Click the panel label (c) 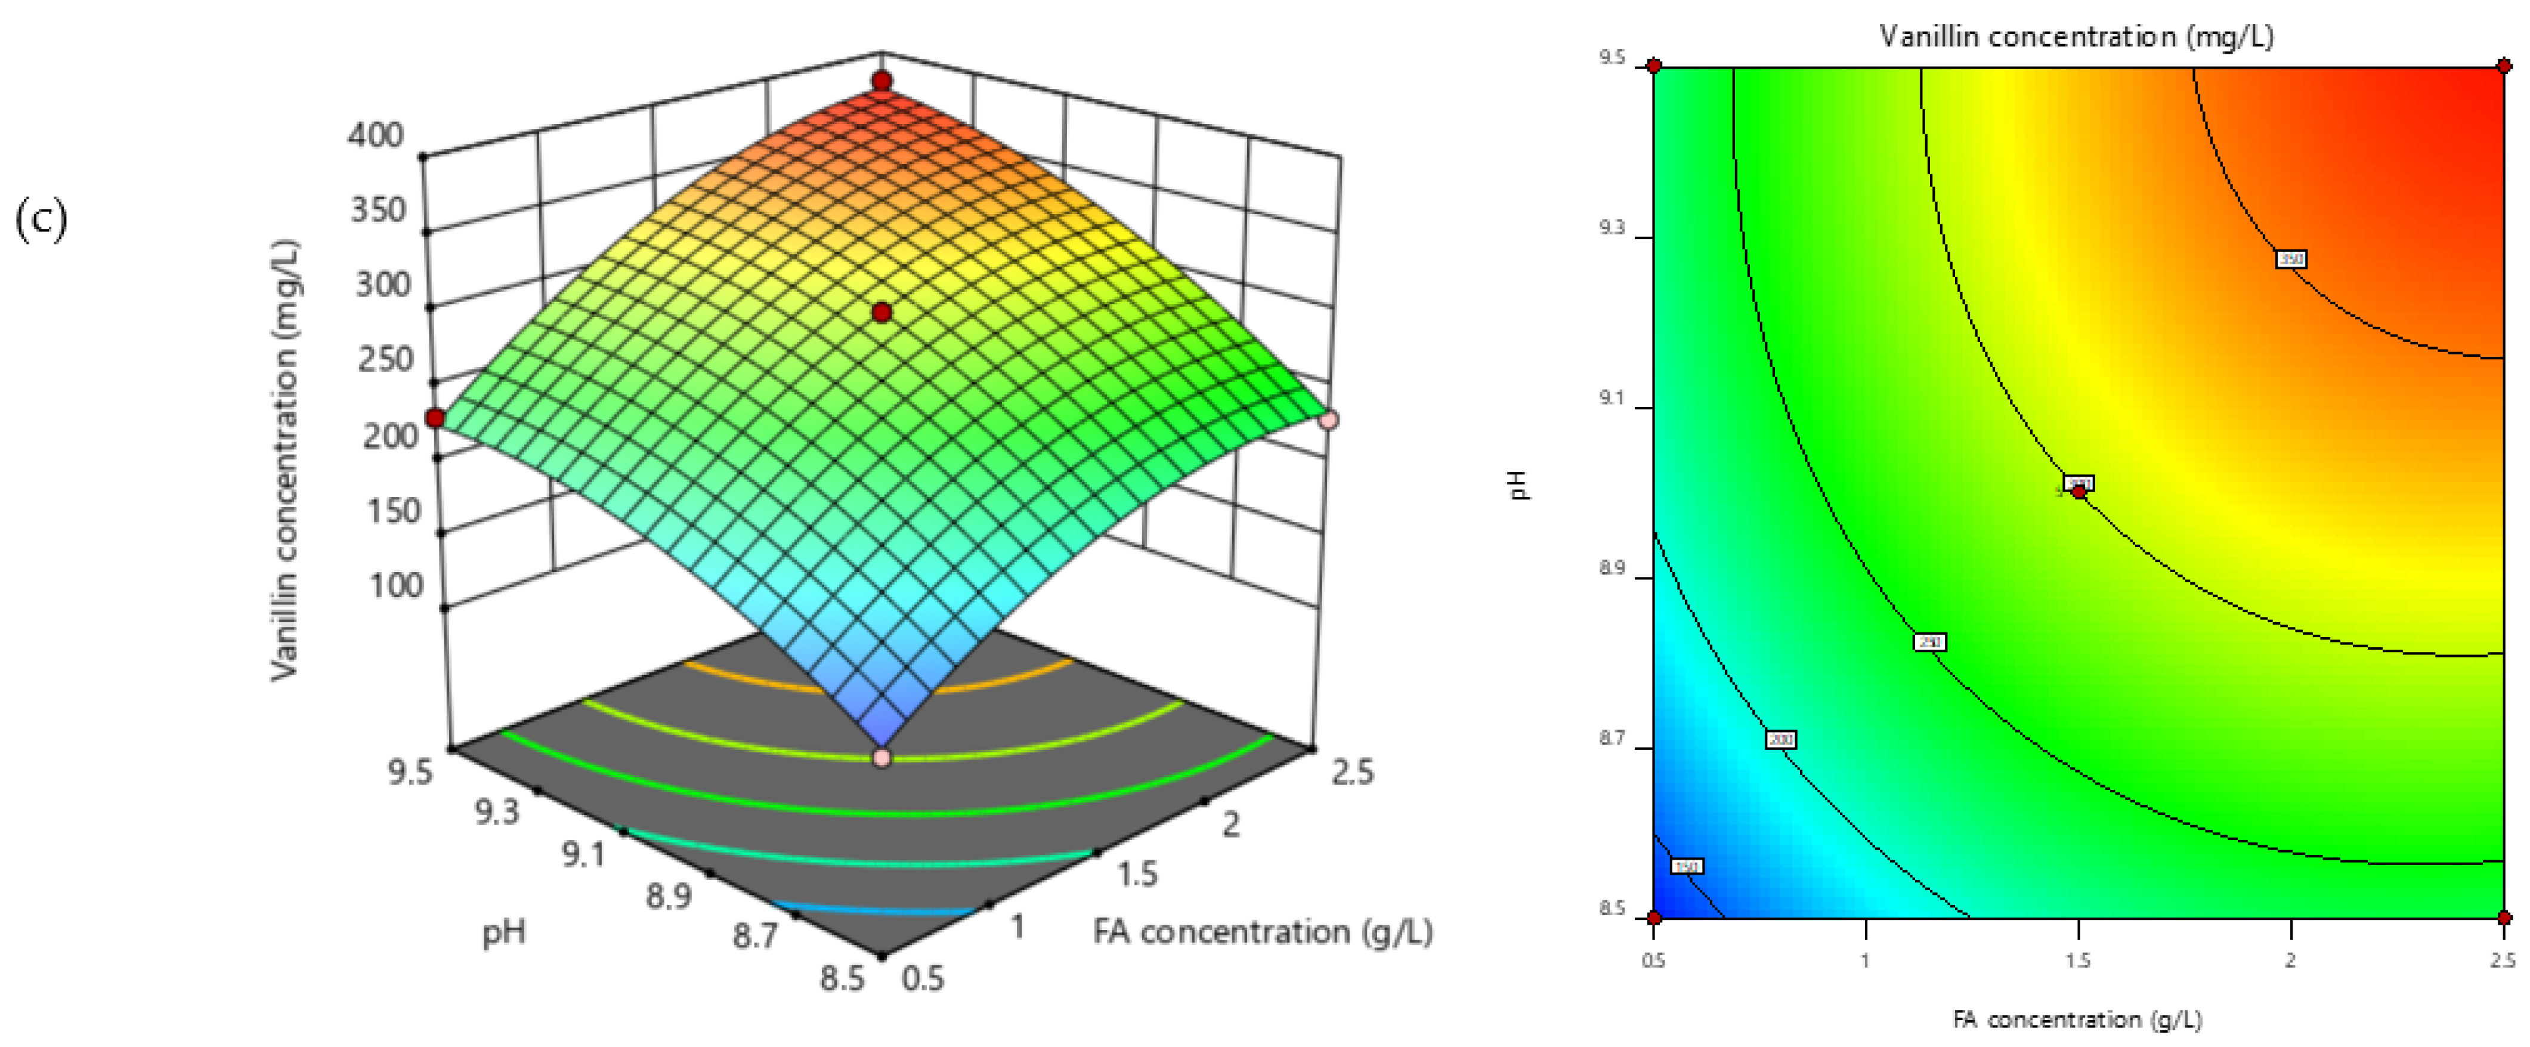(x=41, y=218)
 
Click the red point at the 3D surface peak (x=882, y=81)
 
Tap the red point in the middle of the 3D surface (x=882, y=313)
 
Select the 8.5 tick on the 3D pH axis (x=842, y=977)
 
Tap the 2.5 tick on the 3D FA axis (x=1353, y=772)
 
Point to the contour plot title (x=2076, y=36)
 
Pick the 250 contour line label (x=1929, y=641)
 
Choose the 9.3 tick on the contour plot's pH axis (x=1612, y=228)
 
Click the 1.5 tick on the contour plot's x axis (x=2078, y=959)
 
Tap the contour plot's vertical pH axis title (x=1520, y=485)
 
